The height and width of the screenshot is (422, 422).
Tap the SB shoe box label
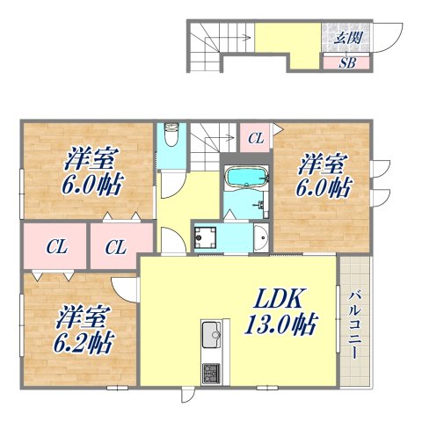click(x=349, y=63)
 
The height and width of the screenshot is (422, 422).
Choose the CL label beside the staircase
click(x=254, y=138)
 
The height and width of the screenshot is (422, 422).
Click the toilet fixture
click(x=171, y=135)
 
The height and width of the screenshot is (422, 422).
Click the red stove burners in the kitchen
click(x=213, y=372)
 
